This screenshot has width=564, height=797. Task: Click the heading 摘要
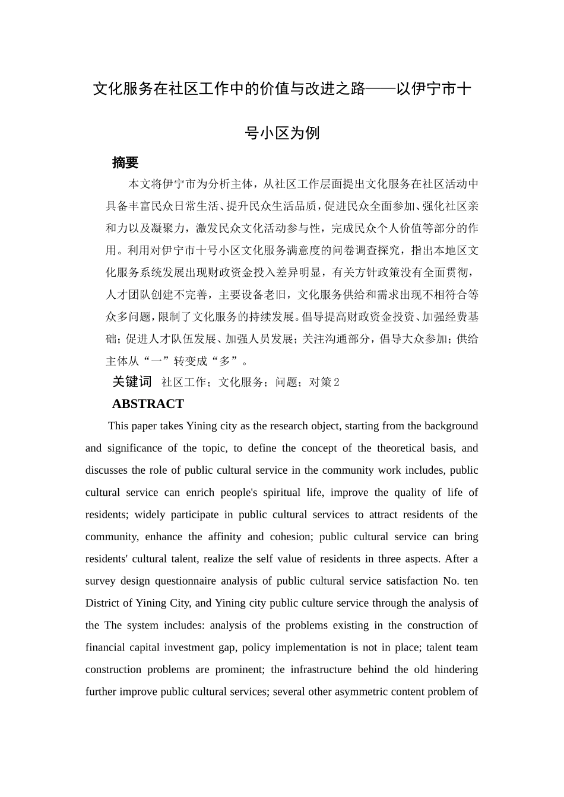pyautogui.click(x=125, y=162)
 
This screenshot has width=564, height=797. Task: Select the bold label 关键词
pyautogui.click(x=132, y=382)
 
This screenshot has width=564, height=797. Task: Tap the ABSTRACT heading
pyautogui.click(x=148, y=404)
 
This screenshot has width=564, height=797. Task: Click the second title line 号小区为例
pyautogui.click(x=282, y=133)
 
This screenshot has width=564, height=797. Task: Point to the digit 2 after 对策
pyautogui.click(x=337, y=382)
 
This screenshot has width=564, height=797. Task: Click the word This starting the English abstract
pyautogui.click(x=118, y=426)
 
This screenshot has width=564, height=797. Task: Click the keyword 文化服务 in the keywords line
pyautogui.click(x=241, y=382)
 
